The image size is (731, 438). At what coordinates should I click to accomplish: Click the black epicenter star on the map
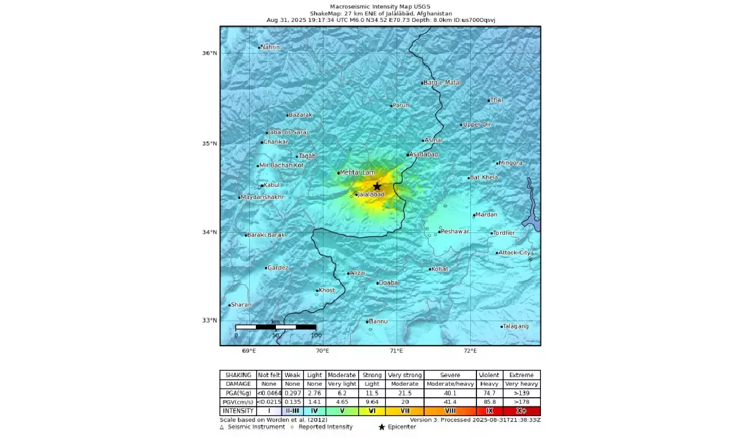(x=377, y=186)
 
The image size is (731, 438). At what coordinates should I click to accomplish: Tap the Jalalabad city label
(x=371, y=194)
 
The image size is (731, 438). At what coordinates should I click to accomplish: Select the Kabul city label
(x=272, y=185)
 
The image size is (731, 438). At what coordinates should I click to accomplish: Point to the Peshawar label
(x=455, y=231)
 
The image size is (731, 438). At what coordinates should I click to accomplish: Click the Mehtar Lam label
(x=358, y=173)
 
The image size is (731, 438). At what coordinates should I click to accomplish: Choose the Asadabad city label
(x=424, y=155)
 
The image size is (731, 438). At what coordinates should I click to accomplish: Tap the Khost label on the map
(x=327, y=290)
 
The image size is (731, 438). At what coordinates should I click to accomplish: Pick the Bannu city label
(x=378, y=321)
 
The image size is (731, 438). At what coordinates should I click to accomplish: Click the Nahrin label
(x=270, y=47)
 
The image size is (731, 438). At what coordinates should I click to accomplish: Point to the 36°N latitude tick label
(x=210, y=53)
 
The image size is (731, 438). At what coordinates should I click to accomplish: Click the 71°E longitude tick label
(x=397, y=351)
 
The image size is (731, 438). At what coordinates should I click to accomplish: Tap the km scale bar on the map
(x=275, y=327)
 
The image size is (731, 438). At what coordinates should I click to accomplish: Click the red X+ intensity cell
(x=521, y=411)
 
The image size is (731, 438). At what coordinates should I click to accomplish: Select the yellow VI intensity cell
(x=372, y=411)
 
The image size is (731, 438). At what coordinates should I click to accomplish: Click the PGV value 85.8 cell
(x=489, y=402)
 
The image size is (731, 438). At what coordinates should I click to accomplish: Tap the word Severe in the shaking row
(x=450, y=375)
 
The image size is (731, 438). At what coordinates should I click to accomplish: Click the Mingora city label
(x=510, y=163)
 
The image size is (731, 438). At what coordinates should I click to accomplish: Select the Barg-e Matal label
(x=443, y=82)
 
